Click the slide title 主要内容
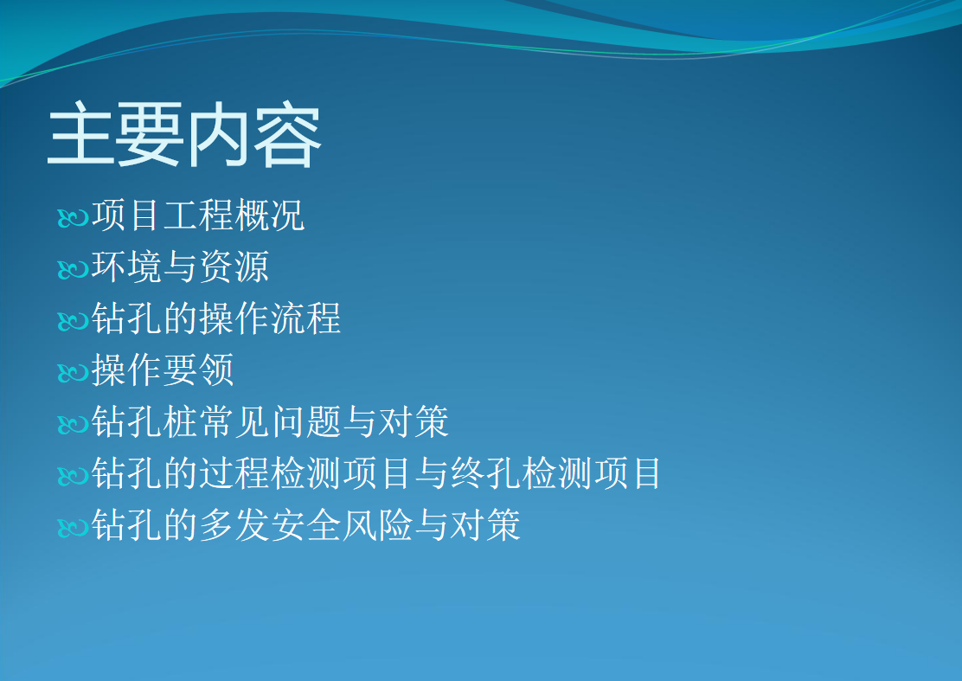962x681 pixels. (184, 135)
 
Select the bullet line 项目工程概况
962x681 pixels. (198, 215)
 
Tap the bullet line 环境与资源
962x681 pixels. (180, 267)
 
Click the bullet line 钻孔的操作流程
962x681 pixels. (216, 318)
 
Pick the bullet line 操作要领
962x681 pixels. (163, 370)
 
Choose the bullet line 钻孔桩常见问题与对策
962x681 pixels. (270, 421)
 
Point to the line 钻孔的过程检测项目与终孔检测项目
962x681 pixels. (376, 473)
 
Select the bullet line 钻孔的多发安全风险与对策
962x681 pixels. (306, 524)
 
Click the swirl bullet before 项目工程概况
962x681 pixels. (73, 218)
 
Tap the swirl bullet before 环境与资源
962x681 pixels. (73, 269)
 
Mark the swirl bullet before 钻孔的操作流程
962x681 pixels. (73, 321)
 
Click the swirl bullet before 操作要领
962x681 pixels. (73, 372)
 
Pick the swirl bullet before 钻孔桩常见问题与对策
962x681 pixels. (73, 424)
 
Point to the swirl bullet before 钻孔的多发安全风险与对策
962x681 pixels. (73, 527)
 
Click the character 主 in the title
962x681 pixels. (81, 135)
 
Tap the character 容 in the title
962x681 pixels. (288, 135)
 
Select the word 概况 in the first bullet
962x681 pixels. (270, 215)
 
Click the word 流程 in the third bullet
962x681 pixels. (305, 318)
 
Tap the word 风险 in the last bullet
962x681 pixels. (376, 524)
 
